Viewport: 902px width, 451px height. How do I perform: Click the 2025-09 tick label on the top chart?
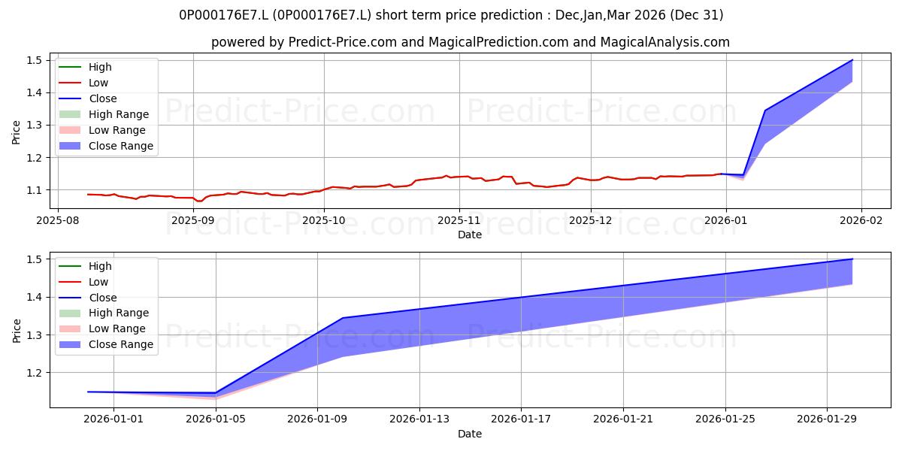click(193, 220)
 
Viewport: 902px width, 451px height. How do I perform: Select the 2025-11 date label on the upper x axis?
click(459, 220)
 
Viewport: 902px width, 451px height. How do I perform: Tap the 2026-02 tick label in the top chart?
click(861, 220)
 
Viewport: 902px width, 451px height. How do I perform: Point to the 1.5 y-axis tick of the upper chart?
click(35, 60)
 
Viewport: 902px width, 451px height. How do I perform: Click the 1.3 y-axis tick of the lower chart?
click(35, 335)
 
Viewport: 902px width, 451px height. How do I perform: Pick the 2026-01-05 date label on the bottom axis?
click(216, 419)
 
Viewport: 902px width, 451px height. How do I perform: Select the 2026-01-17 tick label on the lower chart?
click(521, 419)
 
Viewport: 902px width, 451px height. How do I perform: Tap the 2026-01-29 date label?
click(827, 419)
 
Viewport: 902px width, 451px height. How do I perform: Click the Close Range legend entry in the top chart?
click(106, 146)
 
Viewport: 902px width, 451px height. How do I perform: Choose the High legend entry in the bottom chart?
click(86, 266)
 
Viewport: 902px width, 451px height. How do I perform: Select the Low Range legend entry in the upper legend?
click(102, 130)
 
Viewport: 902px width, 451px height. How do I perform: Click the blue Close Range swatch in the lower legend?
click(70, 344)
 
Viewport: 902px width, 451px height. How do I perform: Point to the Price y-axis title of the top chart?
click(16, 132)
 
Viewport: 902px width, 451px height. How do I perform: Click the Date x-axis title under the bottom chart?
click(470, 434)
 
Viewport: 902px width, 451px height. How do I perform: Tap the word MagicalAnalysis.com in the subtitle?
click(664, 42)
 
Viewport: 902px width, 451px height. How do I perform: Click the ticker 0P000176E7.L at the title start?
click(223, 15)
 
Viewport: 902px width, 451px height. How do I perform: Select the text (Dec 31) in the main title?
click(696, 15)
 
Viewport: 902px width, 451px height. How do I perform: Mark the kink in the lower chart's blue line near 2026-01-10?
click(343, 318)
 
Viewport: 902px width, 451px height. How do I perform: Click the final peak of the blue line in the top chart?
click(852, 59)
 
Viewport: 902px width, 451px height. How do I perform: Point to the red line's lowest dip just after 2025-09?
click(198, 201)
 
